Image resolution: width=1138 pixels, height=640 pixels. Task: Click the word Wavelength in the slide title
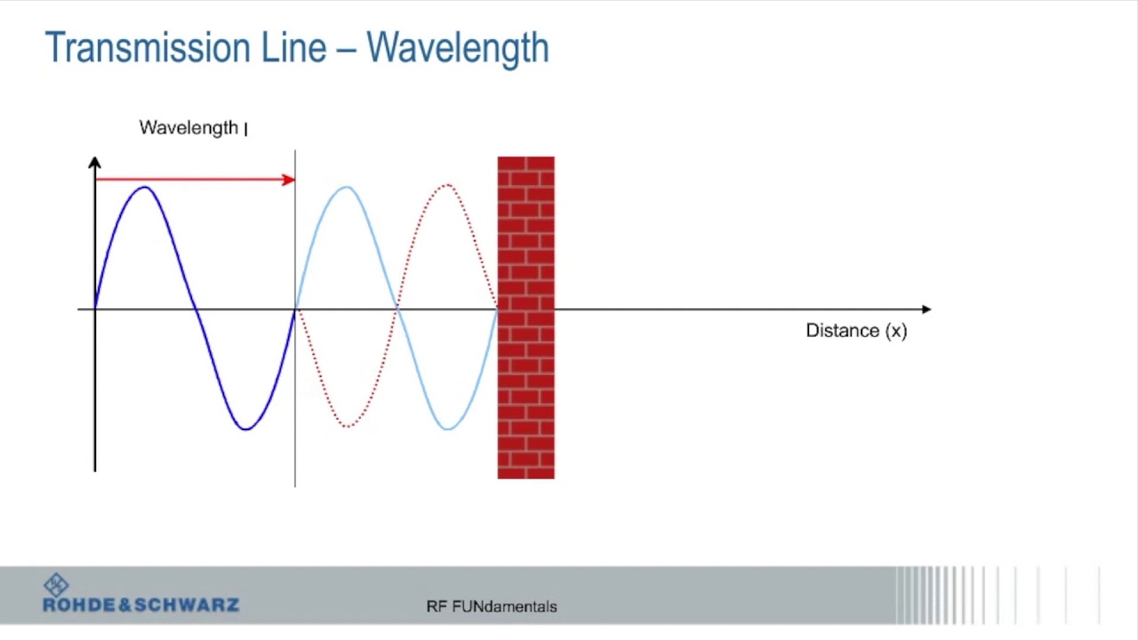pyautogui.click(x=457, y=48)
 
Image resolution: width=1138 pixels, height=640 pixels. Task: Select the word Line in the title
pyautogui.click(x=293, y=48)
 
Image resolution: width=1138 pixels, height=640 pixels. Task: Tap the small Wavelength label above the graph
pyautogui.click(x=188, y=128)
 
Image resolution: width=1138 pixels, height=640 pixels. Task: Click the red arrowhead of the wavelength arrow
pyautogui.click(x=288, y=180)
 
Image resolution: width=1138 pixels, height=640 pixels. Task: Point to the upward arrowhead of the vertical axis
pyautogui.click(x=95, y=164)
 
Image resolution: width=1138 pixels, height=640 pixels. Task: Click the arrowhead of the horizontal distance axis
pyautogui.click(x=926, y=309)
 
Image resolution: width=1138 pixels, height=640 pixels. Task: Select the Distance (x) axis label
pyautogui.click(x=856, y=331)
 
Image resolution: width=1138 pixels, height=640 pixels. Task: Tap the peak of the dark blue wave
pyautogui.click(x=145, y=188)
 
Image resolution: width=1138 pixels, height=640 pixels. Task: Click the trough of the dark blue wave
pyautogui.click(x=244, y=428)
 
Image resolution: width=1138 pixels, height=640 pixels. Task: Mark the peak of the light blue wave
pyautogui.click(x=346, y=188)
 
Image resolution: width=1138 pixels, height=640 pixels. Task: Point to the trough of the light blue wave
pyautogui.click(x=447, y=428)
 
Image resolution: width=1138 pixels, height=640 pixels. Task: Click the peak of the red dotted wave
pyautogui.click(x=447, y=186)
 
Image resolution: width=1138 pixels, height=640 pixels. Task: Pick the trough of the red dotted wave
pyautogui.click(x=346, y=427)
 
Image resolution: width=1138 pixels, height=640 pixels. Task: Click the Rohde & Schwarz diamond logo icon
pyautogui.click(x=56, y=585)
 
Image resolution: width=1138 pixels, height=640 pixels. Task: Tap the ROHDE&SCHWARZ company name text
pyautogui.click(x=140, y=605)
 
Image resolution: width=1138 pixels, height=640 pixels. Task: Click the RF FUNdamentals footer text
pyautogui.click(x=492, y=607)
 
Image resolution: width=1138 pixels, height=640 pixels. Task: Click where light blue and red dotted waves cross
pyautogui.click(x=397, y=308)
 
